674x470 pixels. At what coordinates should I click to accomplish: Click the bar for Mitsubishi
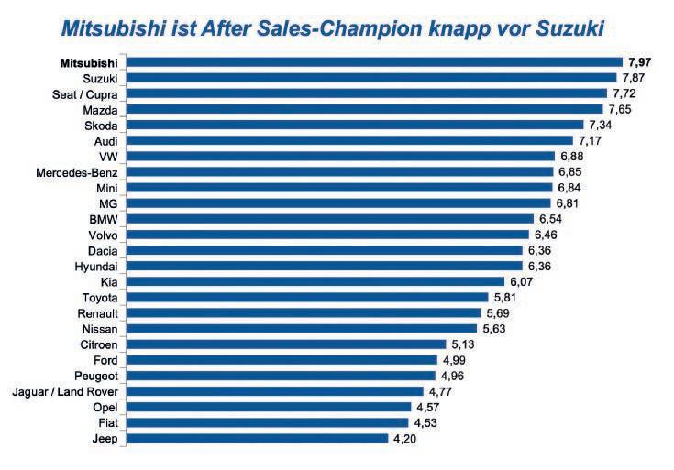click(x=374, y=62)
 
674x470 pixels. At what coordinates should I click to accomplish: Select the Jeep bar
click(x=257, y=438)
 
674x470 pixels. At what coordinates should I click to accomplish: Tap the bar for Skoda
click(x=354, y=125)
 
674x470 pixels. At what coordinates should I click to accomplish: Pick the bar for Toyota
click(x=306, y=297)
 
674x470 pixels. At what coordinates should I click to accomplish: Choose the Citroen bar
click(x=285, y=344)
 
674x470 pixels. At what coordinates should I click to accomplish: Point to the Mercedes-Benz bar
click(x=339, y=171)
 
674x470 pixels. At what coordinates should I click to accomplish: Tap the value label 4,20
click(x=406, y=439)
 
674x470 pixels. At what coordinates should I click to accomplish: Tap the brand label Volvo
click(x=101, y=235)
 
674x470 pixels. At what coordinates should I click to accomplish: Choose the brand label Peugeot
click(x=95, y=376)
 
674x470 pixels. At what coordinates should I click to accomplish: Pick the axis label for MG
click(x=107, y=203)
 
